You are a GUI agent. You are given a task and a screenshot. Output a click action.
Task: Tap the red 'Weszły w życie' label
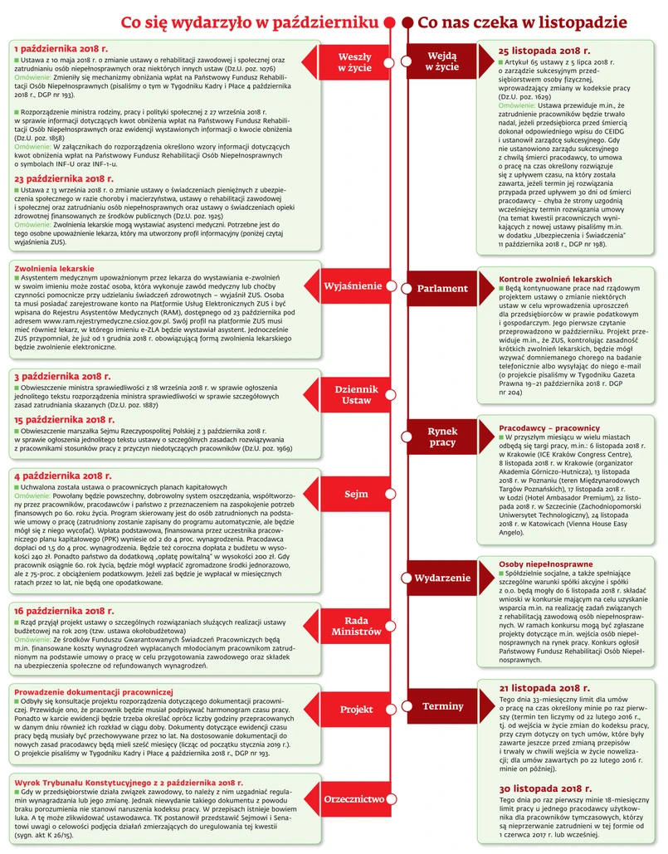354,62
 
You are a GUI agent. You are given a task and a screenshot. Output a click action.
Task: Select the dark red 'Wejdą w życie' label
441,62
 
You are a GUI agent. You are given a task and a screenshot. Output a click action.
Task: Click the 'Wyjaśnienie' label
353,286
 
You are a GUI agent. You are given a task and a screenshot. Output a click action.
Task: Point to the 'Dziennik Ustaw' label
357,395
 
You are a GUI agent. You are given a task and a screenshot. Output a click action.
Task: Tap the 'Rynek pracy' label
442,437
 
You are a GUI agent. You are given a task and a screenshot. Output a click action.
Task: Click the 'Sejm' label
356,495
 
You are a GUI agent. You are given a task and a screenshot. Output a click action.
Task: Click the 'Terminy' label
442,706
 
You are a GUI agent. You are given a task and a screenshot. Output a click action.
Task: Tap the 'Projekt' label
356,710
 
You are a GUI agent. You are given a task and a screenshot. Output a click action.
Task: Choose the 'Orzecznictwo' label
354,799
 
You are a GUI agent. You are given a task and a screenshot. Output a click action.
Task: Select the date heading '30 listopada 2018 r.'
544,789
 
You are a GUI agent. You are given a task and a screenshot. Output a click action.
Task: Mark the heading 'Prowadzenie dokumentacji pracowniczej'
94,691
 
